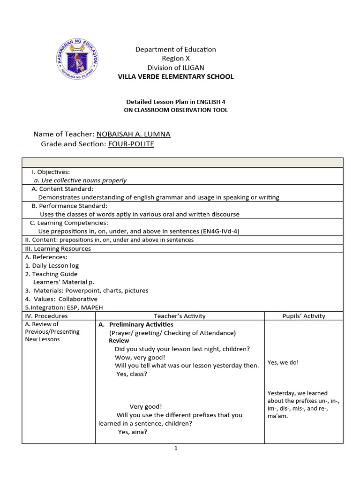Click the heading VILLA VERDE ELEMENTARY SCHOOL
(175, 76)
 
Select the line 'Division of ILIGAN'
(175, 67)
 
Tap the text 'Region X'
(175, 58)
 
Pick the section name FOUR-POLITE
(131, 144)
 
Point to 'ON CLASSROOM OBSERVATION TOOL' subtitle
(175, 110)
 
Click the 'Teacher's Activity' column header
(180, 316)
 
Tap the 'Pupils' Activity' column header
(303, 316)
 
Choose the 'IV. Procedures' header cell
(46, 316)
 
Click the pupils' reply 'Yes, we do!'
(283, 362)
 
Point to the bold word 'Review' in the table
(119, 341)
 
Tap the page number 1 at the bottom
(176, 449)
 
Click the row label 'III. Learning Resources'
(58, 248)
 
